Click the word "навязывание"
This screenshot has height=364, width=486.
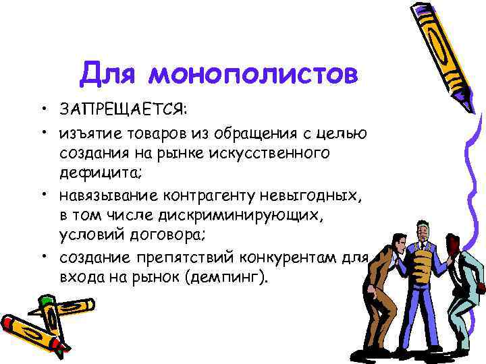pos(111,196)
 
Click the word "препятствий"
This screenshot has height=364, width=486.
pos(202,259)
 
